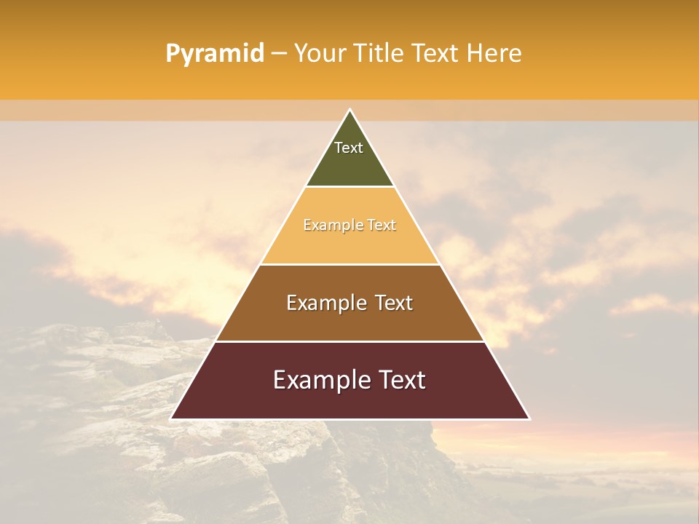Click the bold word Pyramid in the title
[x=214, y=54]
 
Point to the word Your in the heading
[x=319, y=53]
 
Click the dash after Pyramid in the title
[x=279, y=54]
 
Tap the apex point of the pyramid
[x=349, y=110]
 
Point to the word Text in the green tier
[x=349, y=148]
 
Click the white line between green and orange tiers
[x=349, y=186]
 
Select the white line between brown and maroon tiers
[x=349, y=341]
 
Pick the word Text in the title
[x=435, y=53]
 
